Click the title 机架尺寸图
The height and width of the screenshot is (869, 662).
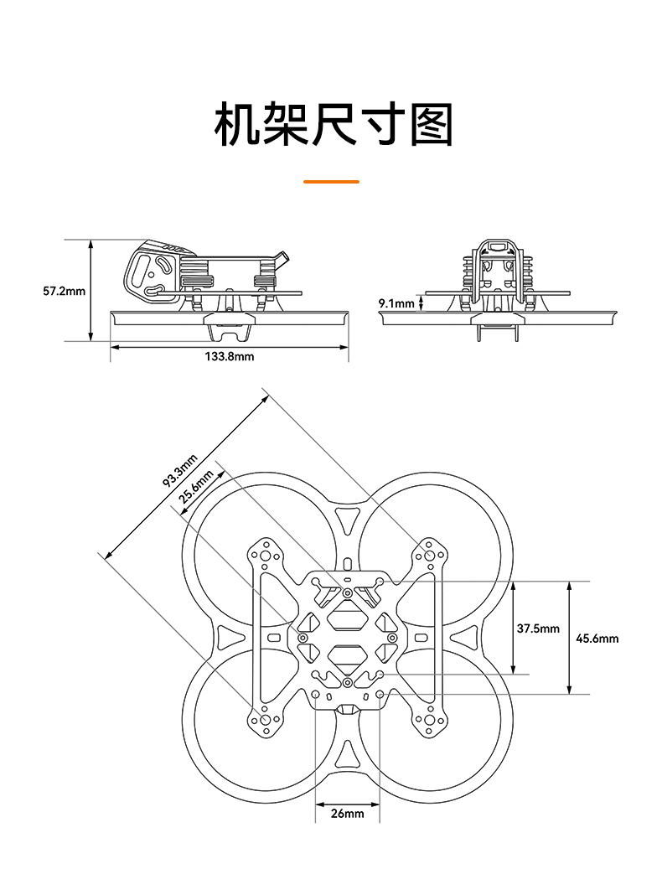pyautogui.click(x=334, y=126)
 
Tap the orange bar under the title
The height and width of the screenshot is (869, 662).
pyautogui.click(x=330, y=181)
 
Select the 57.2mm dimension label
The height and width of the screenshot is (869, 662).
pyautogui.click(x=64, y=291)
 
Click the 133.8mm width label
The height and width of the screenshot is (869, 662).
pyautogui.click(x=229, y=356)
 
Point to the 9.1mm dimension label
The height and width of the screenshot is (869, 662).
pyautogui.click(x=396, y=303)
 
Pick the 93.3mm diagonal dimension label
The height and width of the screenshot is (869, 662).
pyautogui.click(x=179, y=469)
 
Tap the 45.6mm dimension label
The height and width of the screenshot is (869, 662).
pyautogui.click(x=597, y=638)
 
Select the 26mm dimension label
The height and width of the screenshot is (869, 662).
pyautogui.click(x=347, y=813)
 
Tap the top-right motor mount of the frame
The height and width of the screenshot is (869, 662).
pyautogui.click(x=430, y=555)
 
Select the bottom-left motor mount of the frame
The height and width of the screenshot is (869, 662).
pyautogui.click(x=266, y=719)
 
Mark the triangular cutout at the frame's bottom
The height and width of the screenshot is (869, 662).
pyautogui.click(x=347, y=756)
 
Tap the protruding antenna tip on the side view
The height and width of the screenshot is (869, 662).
pyautogui.click(x=285, y=256)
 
